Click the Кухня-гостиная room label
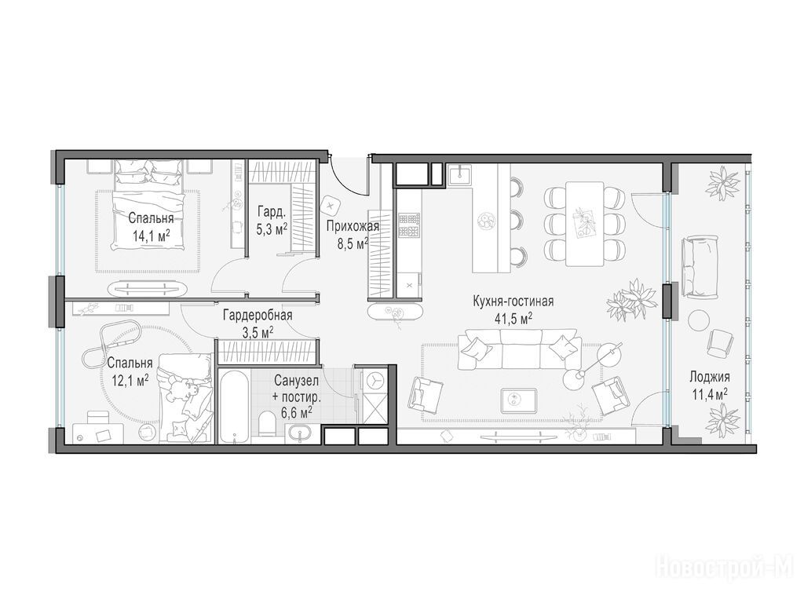pos(513,301)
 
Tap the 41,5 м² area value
pos(513,319)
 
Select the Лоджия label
pos(709,377)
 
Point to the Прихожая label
pos(353,226)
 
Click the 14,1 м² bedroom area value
pos(151,236)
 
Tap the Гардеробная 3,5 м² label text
pos(258,323)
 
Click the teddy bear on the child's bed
pos(180,389)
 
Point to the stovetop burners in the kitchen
pos(409,225)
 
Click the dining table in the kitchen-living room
pos(584,224)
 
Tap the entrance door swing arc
pos(349,181)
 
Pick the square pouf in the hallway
pos(330,206)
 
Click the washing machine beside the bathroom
pos(373,381)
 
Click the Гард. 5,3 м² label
pos(271,220)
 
